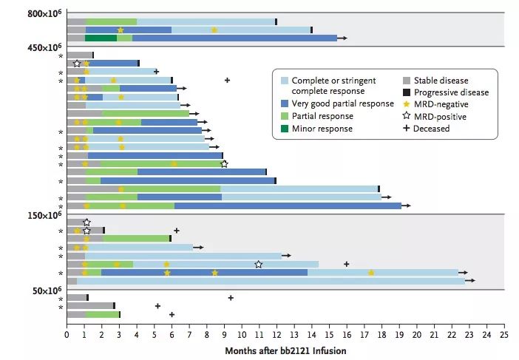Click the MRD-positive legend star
click(x=406, y=117)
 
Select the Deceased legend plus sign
click(x=406, y=129)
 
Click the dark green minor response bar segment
click(x=101, y=38)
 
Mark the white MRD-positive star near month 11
click(x=258, y=264)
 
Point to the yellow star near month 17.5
click(x=371, y=273)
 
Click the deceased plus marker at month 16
click(x=347, y=264)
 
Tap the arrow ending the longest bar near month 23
click(x=470, y=281)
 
